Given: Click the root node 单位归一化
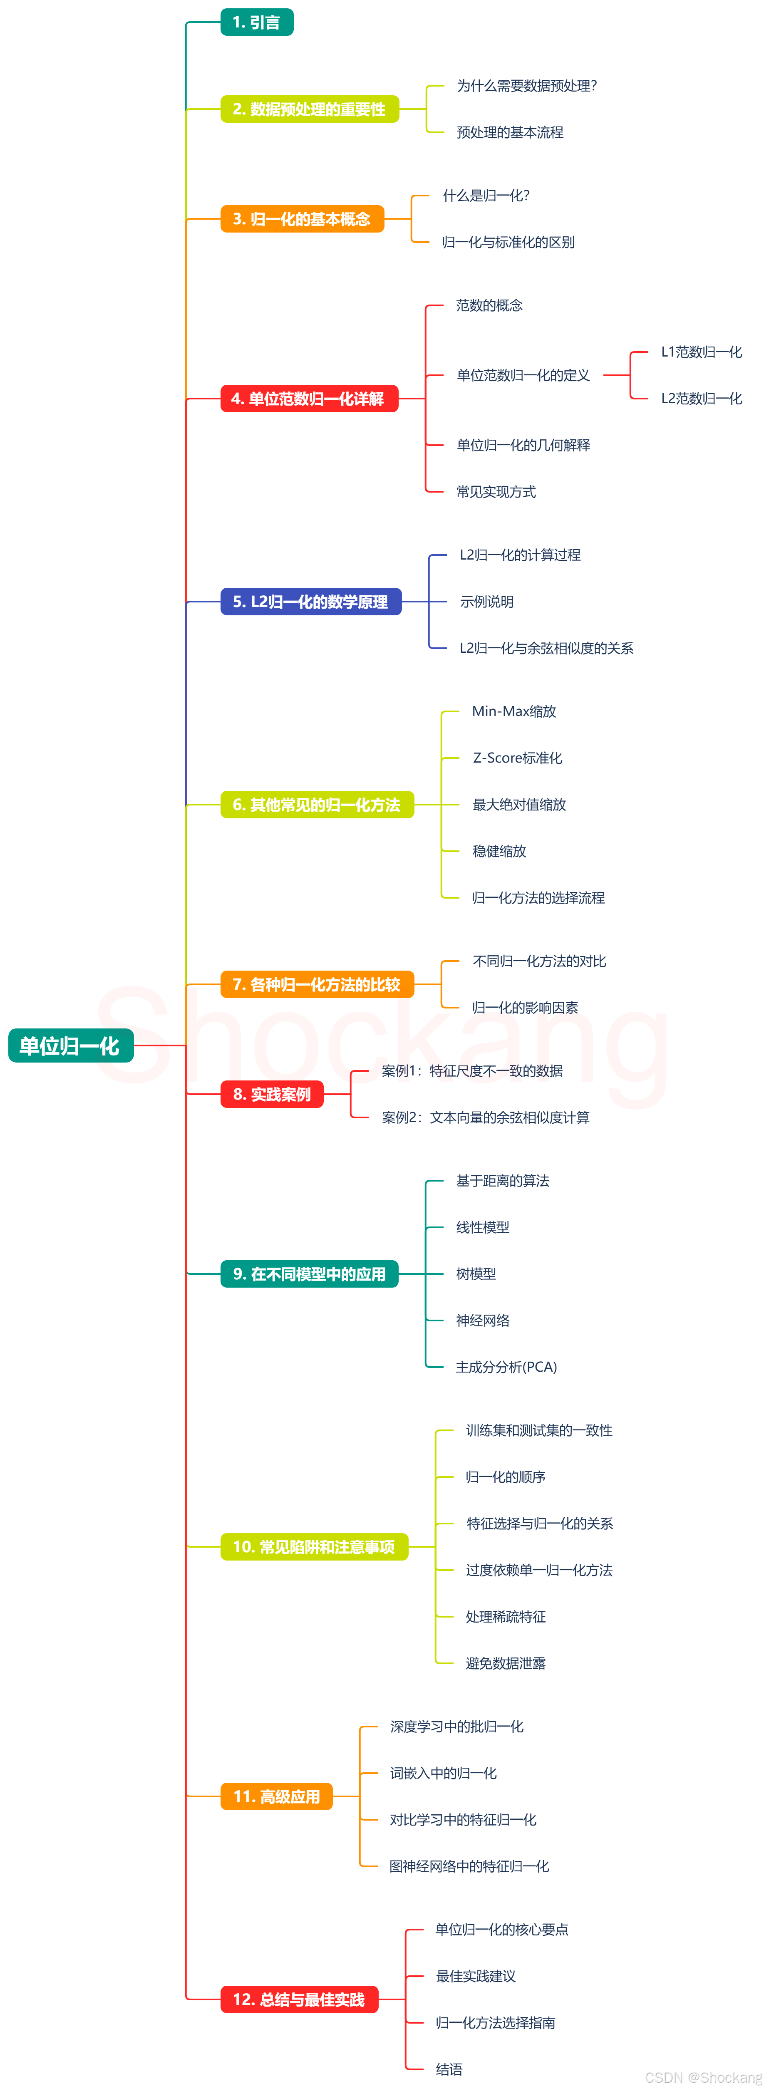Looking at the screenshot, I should (x=71, y=1045).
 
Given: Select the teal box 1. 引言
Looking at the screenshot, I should (x=257, y=22).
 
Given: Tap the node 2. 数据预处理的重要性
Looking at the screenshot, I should (x=309, y=109).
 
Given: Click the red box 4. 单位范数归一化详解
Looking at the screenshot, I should (x=308, y=399).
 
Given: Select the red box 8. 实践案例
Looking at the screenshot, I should (x=272, y=1094).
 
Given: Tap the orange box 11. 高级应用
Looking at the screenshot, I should (x=277, y=1796).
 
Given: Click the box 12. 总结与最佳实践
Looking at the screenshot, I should (x=299, y=1999).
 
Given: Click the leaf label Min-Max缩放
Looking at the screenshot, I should (x=514, y=711).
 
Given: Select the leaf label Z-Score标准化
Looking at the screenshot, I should (x=517, y=758).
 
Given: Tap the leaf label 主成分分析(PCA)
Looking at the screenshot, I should (x=506, y=1367).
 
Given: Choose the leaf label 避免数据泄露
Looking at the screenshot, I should (x=505, y=1663).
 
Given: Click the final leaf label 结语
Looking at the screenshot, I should (x=449, y=2069).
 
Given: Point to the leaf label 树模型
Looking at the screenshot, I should (x=476, y=1273).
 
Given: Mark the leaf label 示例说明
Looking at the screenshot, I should (x=486, y=602).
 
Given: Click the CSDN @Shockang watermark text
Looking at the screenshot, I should (x=703, y=2077).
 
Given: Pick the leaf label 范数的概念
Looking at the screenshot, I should (x=489, y=305).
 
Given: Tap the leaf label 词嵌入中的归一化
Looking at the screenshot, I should (x=443, y=1773).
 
